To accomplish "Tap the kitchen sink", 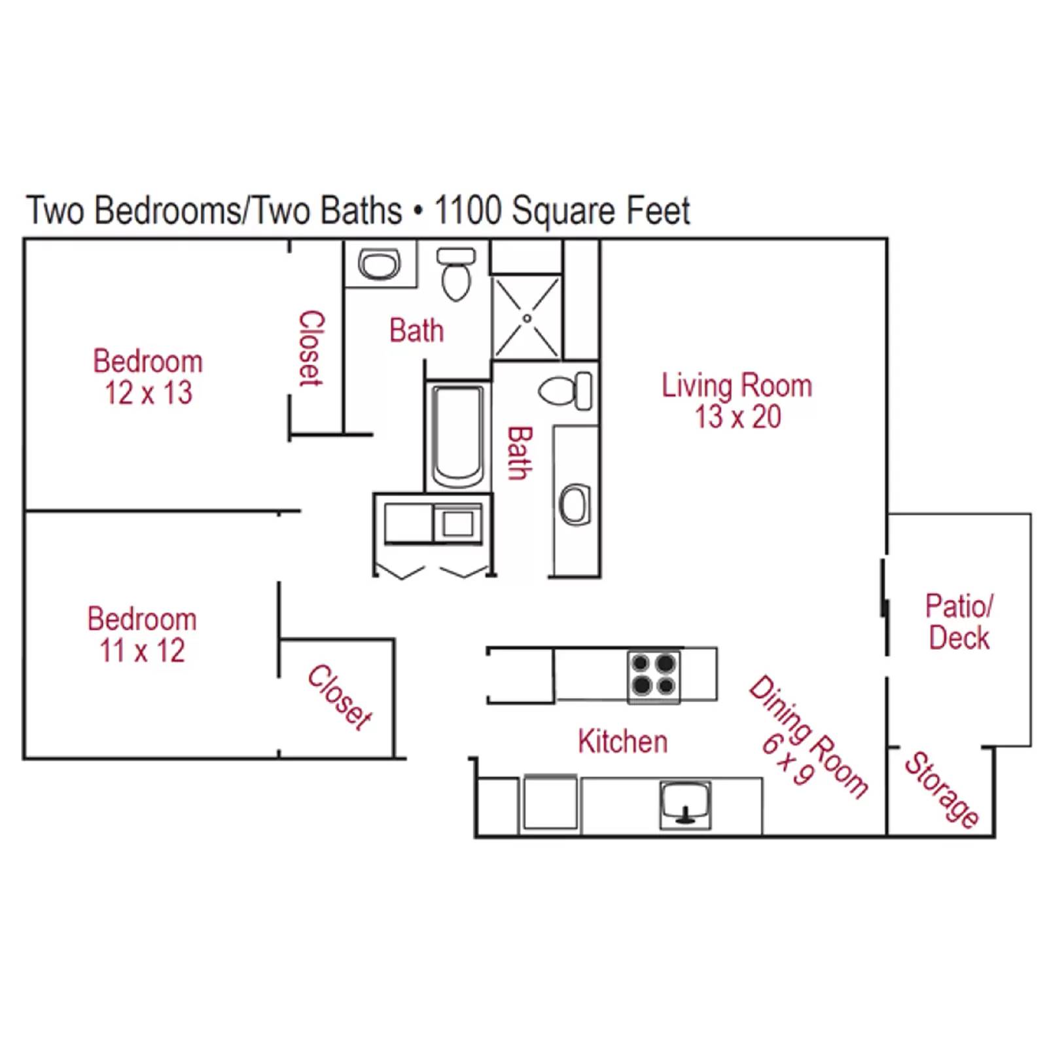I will coord(684,804).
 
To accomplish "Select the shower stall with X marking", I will coord(527,318).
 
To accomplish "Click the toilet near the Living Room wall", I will coord(567,391).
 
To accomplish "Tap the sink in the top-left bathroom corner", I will coord(379,264).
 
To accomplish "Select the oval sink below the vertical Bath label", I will coord(575,505).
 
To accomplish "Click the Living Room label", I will coord(736,385).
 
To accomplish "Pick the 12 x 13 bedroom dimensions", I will coord(149,393).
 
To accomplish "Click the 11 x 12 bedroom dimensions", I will coord(142,651).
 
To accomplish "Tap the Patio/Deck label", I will coord(959,622).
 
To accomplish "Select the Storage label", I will coord(942,790).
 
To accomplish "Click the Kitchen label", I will coord(622,741).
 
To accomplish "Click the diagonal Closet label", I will coord(340,697).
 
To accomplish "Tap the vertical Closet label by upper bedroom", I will coord(311,348).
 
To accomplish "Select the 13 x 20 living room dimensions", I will coord(737,417).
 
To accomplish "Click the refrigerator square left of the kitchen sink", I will coord(550,802).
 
